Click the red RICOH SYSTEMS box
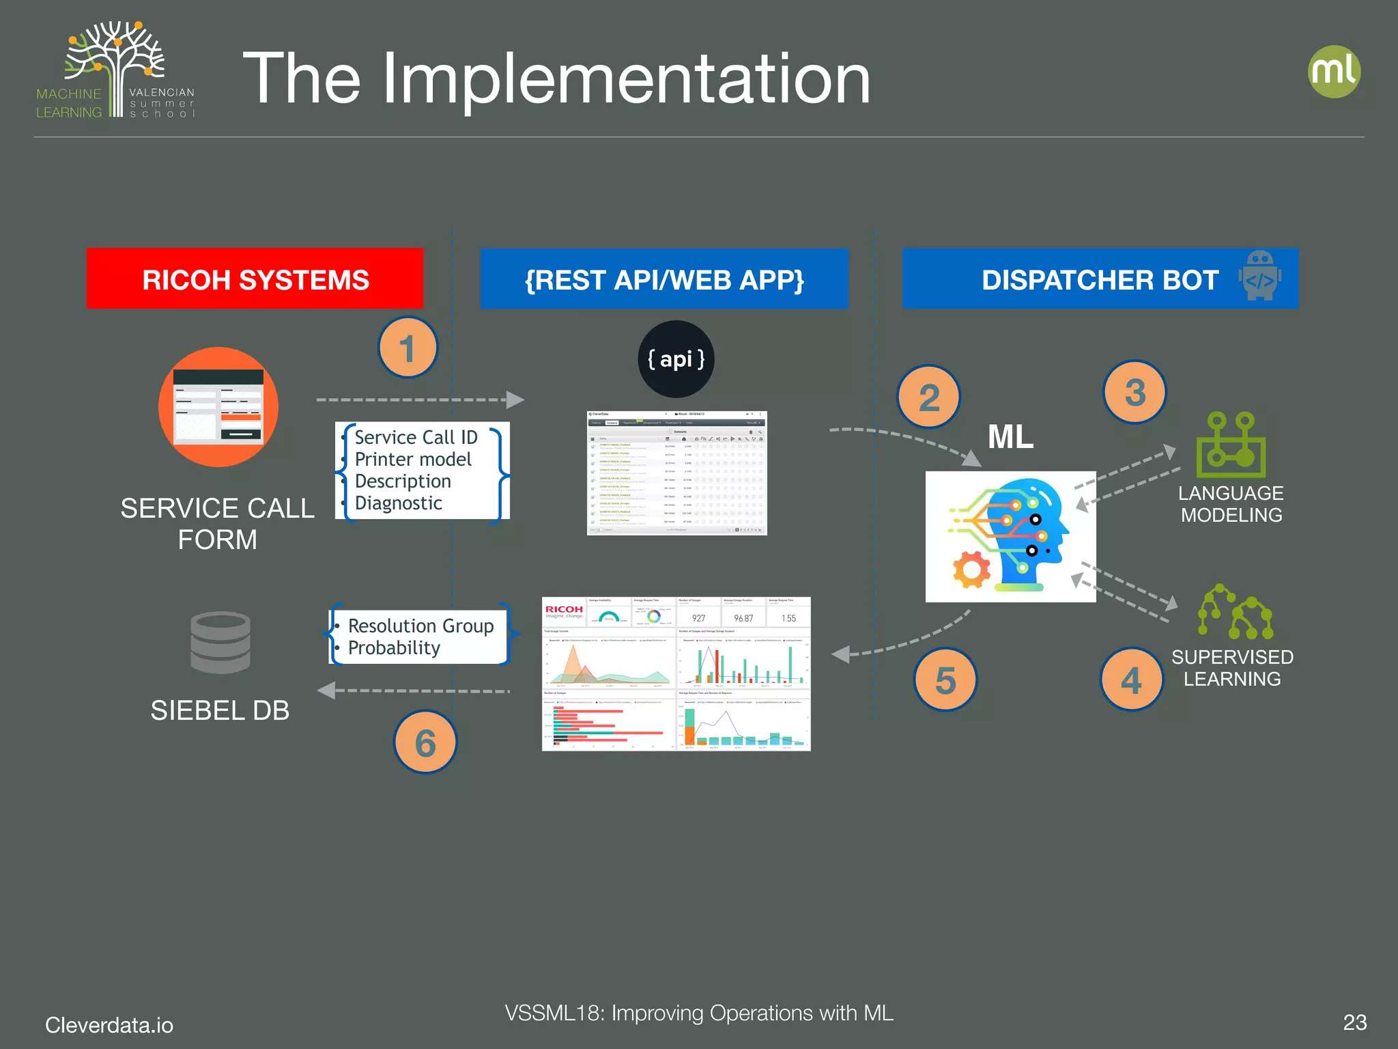coord(255,279)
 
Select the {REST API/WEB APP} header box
coord(664,279)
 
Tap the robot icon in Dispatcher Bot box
coord(1259,275)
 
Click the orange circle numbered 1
coord(408,348)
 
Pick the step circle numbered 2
coord(928,397)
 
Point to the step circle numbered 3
coord(1135,392)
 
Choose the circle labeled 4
coord(1131,680)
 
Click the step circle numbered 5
coord(945,680)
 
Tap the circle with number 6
coord(425,742)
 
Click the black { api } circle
coord(676,359)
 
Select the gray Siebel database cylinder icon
coord(220,642)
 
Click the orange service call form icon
coord(218,407)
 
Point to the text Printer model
coord(413,460)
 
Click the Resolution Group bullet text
coord(420,626)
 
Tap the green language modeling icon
coord(1230,445)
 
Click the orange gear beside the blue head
coord(971,569)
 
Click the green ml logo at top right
coord(1334,72)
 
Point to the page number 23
coord(1354,1022)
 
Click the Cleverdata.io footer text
coord(109,1025)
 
